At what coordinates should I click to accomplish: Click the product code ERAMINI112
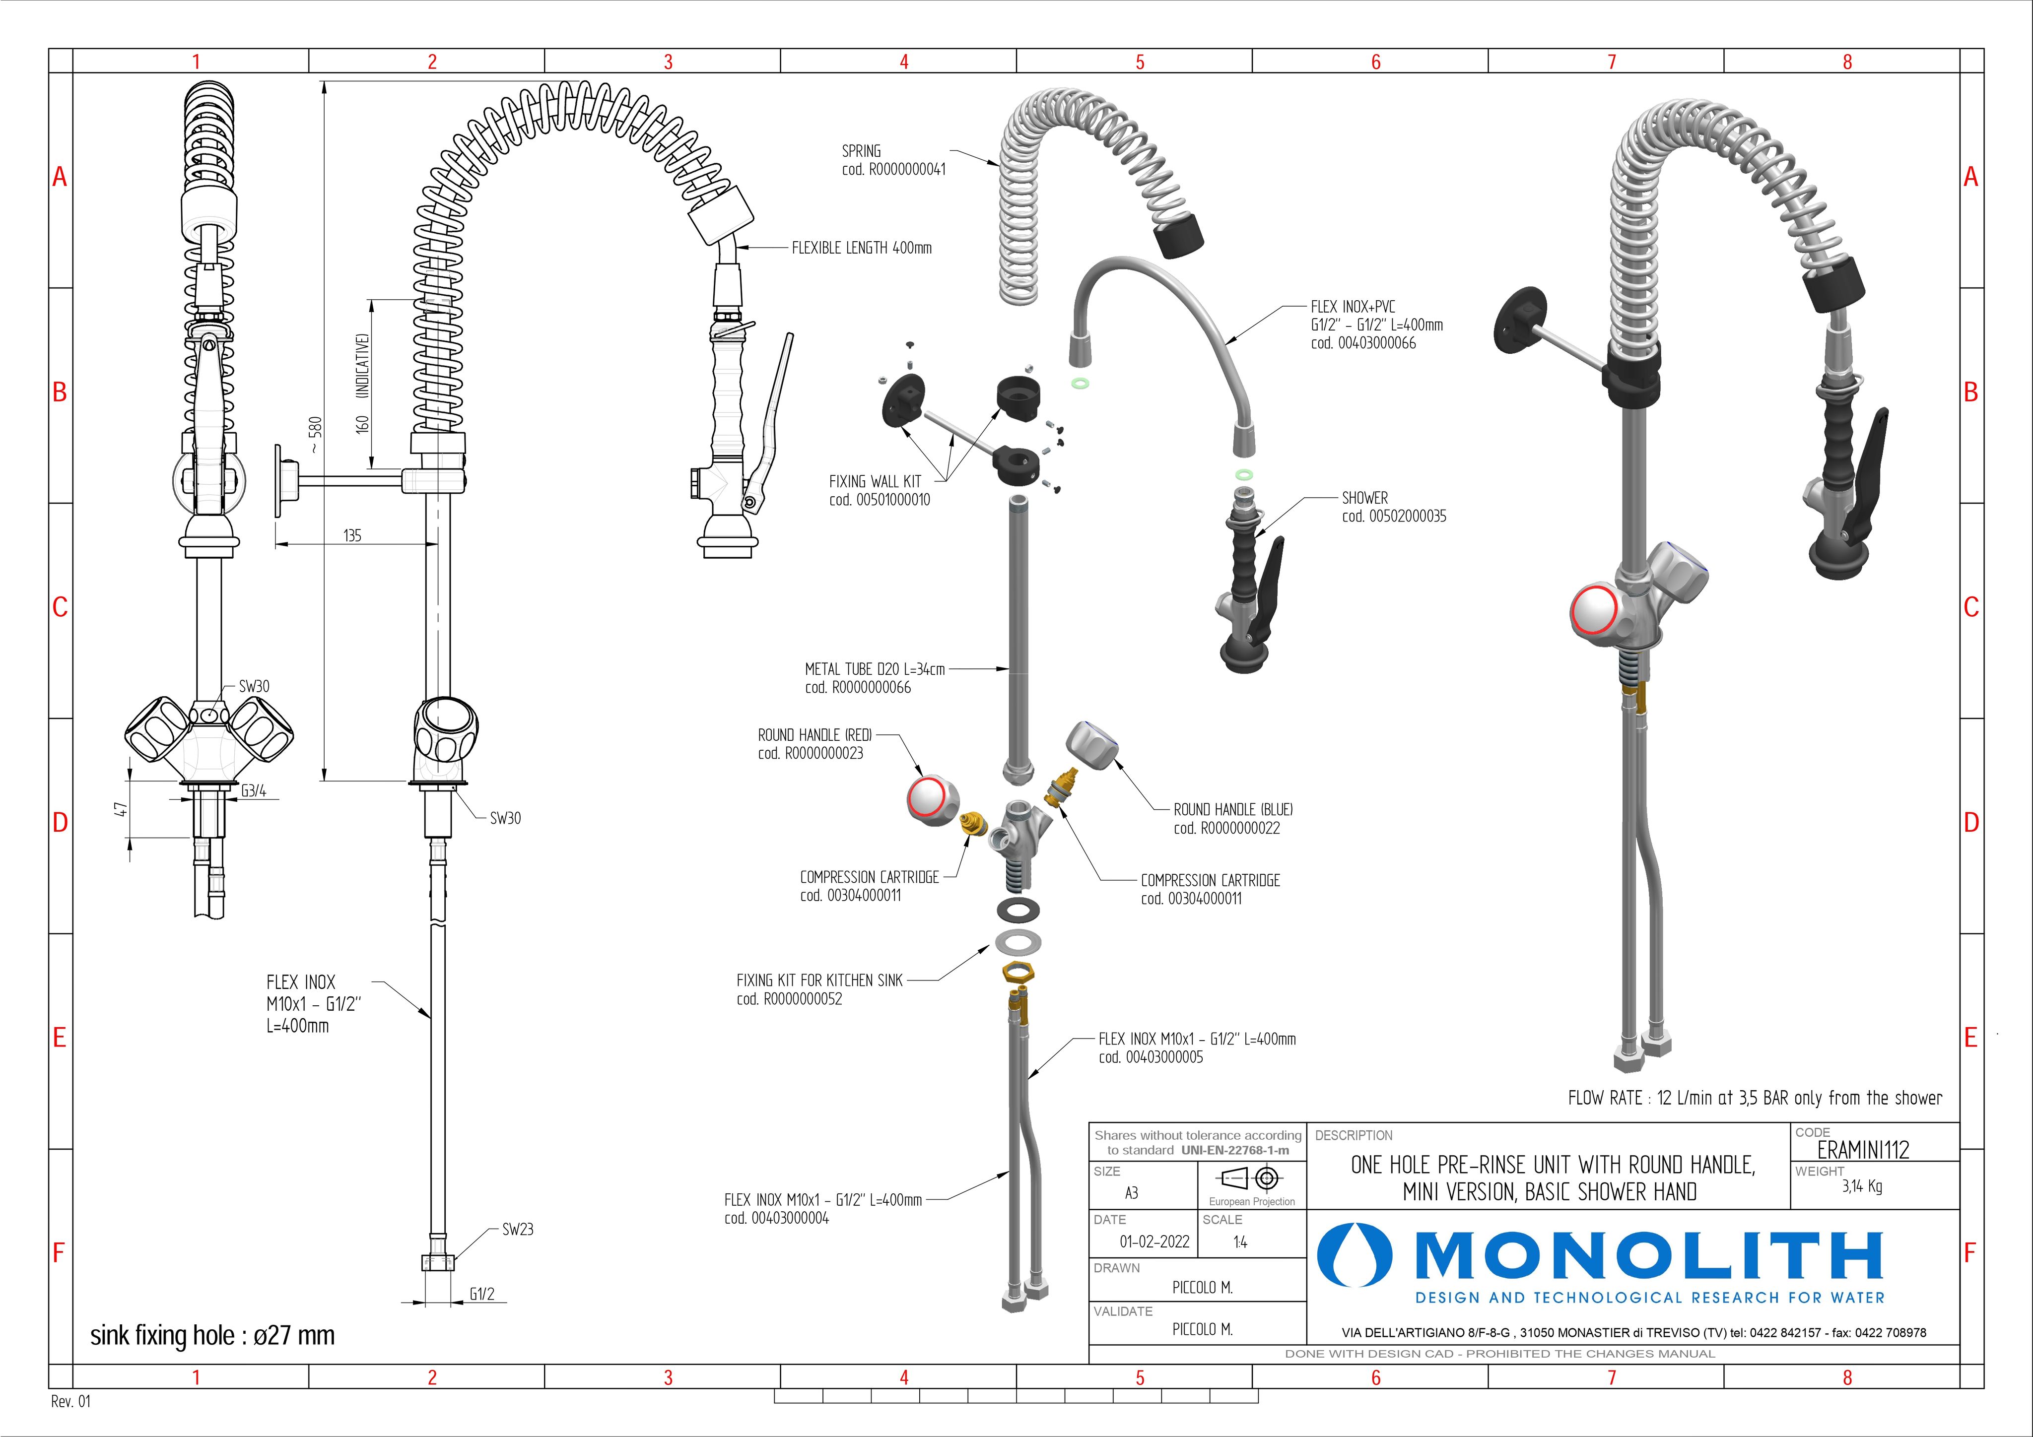click(x=1862, y=1149)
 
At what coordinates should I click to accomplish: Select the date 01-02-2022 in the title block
click(x=1154, y=1241)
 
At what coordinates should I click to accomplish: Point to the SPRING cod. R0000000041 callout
click(x=892, y=160)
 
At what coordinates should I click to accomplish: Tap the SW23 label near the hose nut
click(x=517, y=1229)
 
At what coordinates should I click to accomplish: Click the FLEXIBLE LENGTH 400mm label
click(x=862, y=248)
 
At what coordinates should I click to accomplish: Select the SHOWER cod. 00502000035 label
click(x=1393, y=507)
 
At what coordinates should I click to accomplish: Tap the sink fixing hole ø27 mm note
click(x=212, y=1335)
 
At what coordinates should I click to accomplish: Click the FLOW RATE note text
click(x=1754, y=1098)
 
